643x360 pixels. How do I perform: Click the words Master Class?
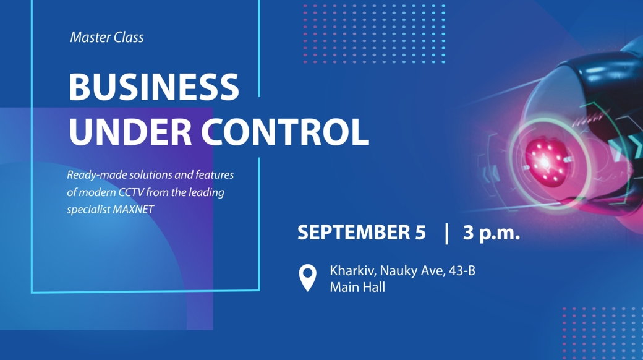click(106, 37)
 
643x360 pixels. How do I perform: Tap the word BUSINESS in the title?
click(154, 87)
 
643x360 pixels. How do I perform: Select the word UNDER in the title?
click(130, 132)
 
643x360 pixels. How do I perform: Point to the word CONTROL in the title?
click(285, 132)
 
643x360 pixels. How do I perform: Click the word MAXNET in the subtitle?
click(134, 209)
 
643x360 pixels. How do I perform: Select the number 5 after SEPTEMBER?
click(420, 233)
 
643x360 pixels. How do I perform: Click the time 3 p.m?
click(492, 233)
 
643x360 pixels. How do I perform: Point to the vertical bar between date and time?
click(446, 233)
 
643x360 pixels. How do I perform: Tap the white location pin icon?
click(307, 278)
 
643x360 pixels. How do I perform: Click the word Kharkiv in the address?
click(352, 271)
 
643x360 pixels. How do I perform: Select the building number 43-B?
click(462, 271)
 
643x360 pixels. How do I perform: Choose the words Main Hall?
click(357, 288)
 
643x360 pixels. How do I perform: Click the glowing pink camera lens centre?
click(545, 161)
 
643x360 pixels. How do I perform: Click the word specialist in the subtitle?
click(88, 210)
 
